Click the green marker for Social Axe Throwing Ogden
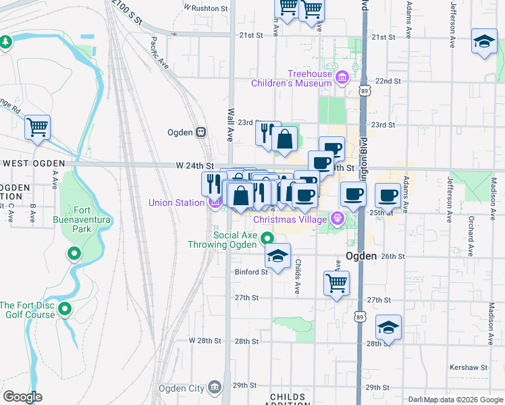click(x=268, y=238)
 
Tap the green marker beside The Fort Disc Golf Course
click(x=65, y=310)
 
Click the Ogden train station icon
click(x=201, y=132)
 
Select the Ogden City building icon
click(x=215, y=387)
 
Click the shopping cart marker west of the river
click(x=38, y=126)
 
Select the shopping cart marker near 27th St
click(x=336, y=283)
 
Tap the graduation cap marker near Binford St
click(x=277, y=256)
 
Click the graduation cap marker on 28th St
click(x=388, y=327)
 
